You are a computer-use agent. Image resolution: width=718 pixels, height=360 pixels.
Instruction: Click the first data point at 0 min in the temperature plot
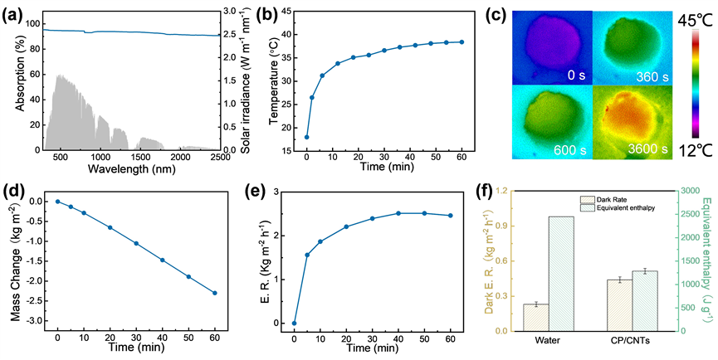(x=306, y=137)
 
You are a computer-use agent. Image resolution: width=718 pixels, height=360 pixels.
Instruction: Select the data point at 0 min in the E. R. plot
(x=294, y=323)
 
